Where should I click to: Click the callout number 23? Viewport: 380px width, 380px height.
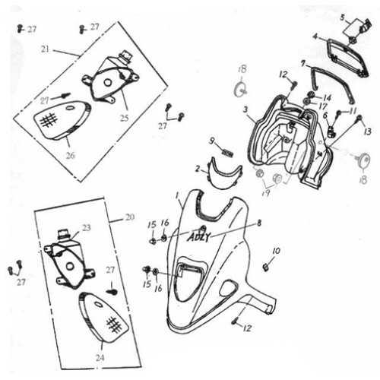point(86,227)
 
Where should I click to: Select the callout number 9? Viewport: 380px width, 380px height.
point(213,141)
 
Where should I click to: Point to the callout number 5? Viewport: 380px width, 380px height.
point(343,17)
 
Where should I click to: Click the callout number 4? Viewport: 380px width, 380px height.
point(315,36)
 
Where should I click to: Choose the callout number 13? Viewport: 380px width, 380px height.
point(368,131)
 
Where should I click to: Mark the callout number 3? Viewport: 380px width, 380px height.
point(245,109)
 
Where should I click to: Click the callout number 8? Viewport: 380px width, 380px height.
point(259,223)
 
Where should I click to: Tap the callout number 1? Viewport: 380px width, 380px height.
point(178,196)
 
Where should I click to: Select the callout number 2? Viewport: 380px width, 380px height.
point(197,168)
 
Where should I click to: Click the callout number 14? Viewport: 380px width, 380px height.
point(328,97)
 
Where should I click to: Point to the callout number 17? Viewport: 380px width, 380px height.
point(323,106)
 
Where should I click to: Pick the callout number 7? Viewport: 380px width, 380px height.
point(302,63)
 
